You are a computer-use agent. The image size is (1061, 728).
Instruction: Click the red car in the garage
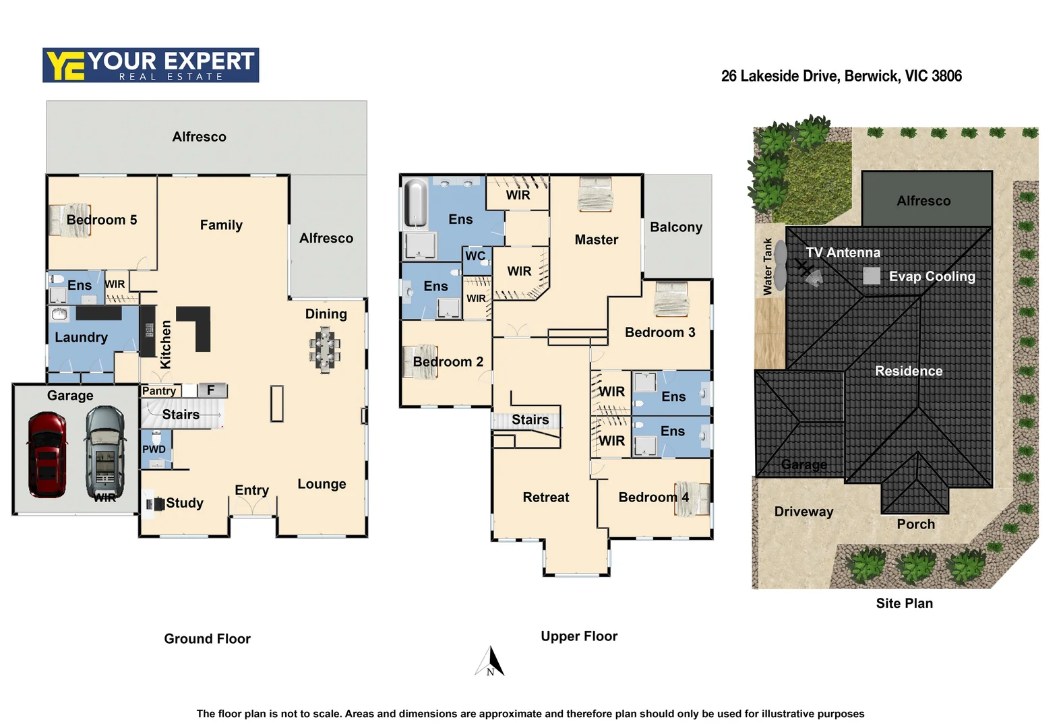(x=47, y=454)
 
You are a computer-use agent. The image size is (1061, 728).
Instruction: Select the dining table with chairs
(x=325, y=349)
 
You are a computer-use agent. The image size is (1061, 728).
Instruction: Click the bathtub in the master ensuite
(x=416, y=202)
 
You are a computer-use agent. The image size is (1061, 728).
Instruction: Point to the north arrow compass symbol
(x=491, y=662)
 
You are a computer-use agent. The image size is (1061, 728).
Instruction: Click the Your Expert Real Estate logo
(x=150, y=65)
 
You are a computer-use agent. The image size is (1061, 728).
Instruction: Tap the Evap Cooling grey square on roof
(x=872, y=276)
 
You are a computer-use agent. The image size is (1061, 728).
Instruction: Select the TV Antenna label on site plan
(x=843, y=253)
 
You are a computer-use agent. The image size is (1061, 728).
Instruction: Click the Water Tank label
(x=767, y=266)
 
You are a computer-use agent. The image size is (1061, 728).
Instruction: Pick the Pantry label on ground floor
(x=159, y=391)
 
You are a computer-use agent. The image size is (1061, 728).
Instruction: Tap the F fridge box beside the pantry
(x=211, y=390)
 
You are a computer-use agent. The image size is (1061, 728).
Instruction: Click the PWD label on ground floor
(x=154, y=449)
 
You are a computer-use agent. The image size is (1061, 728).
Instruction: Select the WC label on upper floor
(x=475, y=256)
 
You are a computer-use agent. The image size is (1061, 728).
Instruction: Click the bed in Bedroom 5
(x=70, y=220)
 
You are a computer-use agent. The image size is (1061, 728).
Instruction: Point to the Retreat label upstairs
(x=545, y=497)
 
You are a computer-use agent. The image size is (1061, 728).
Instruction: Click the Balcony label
(x=676, y=227)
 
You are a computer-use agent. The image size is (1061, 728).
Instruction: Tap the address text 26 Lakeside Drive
(x=841, y=76)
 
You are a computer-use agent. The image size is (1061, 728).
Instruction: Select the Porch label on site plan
(x=915, y=524)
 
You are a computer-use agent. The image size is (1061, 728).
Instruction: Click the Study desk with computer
(x=155, y=504)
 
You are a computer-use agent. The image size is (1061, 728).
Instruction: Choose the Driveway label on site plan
(x=804, y=512)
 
